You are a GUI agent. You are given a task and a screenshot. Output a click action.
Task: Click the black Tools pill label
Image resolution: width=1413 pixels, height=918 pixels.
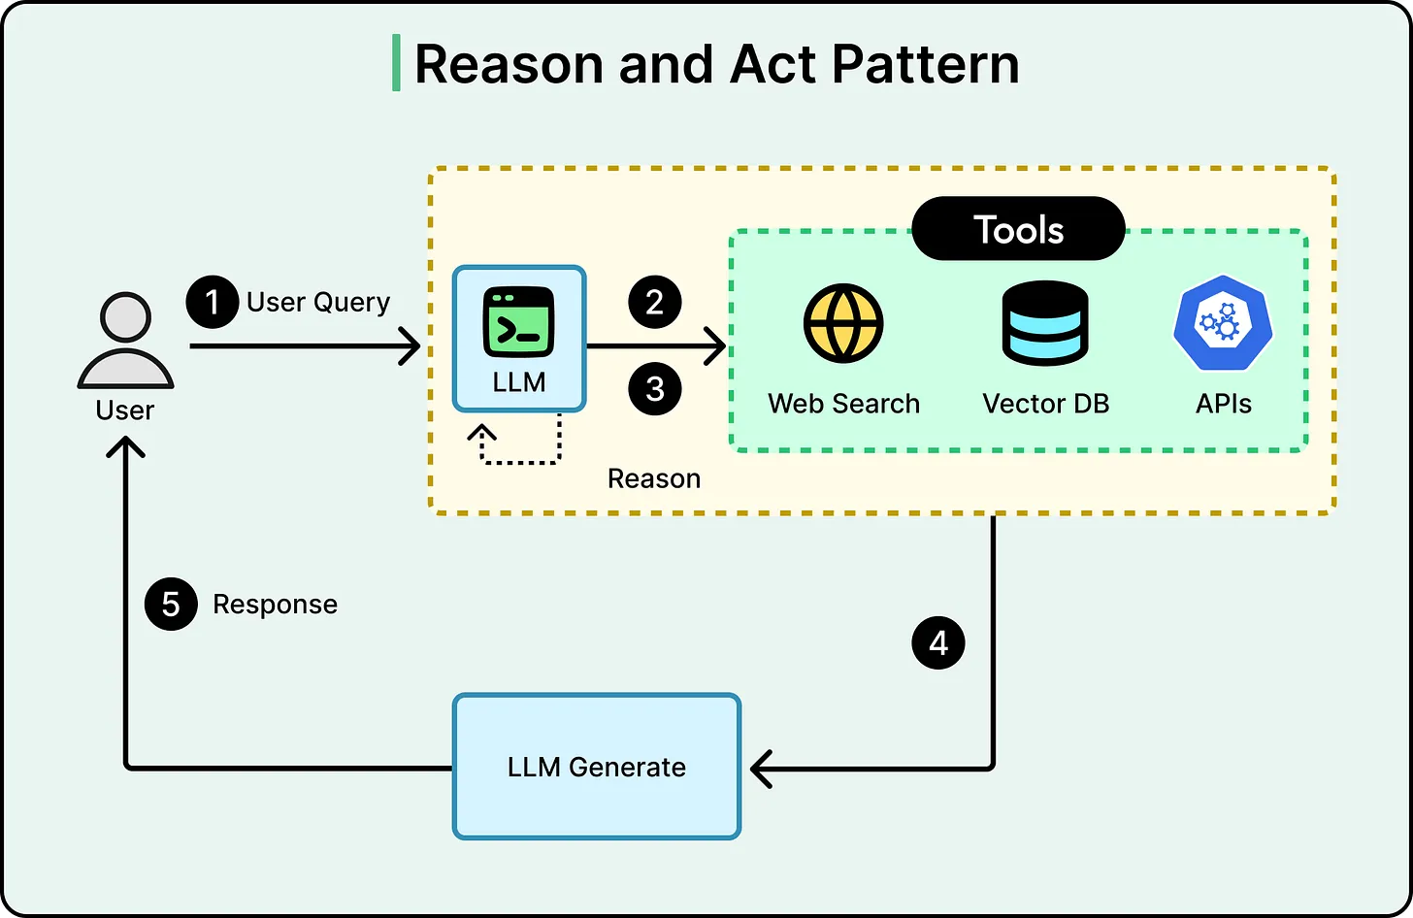[1018, 230]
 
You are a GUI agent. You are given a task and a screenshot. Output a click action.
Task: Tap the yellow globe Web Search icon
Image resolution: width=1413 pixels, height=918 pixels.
[842, 323]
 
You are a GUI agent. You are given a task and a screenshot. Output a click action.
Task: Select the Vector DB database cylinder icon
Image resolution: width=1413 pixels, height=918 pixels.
[1044, 323]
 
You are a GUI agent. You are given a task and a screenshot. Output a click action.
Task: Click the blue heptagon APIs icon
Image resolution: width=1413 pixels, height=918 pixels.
[1222, 323]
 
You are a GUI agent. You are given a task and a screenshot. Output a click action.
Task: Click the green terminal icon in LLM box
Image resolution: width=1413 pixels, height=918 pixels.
[518, 323]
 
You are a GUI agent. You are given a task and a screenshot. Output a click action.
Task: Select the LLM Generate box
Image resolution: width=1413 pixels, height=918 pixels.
[596, 767]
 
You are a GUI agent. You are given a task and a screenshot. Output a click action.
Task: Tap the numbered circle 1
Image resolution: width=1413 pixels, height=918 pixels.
[213, 302]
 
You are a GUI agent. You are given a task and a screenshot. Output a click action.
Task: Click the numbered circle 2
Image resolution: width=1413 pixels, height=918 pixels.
[655, 302]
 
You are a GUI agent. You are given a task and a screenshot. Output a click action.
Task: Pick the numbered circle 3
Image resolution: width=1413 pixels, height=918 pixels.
[655, 389]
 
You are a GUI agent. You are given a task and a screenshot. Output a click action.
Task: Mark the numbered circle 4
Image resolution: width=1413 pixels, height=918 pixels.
[937, 643]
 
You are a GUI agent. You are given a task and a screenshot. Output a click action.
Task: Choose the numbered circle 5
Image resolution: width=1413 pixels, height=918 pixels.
[171, 605]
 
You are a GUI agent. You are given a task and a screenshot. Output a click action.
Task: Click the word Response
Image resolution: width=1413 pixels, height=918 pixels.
[275, 605]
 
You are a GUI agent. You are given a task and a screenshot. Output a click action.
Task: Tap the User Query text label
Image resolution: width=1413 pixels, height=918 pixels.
[317, 303]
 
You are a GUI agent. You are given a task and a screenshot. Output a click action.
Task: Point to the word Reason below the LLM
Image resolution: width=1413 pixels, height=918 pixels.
[653, 478]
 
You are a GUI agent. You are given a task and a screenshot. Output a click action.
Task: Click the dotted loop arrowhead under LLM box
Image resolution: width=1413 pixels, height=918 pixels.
[481, 433]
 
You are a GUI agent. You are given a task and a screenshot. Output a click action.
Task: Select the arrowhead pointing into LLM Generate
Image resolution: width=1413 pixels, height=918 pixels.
[762, 769]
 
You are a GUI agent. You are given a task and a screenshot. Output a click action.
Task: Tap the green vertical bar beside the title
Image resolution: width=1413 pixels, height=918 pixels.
[396, 63]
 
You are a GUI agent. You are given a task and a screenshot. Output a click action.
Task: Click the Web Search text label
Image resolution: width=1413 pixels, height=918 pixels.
[843, 404]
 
